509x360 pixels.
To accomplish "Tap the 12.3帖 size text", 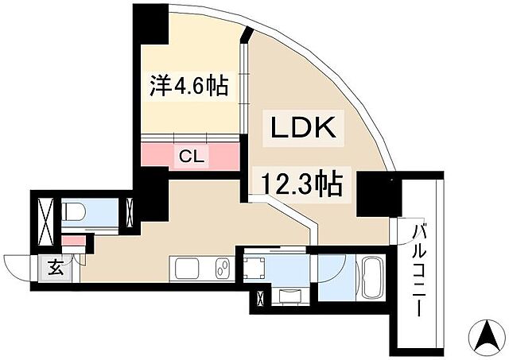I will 297,184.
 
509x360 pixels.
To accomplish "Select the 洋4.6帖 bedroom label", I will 190,85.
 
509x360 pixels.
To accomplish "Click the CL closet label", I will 191,156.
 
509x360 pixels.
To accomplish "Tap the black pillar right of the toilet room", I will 150,199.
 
